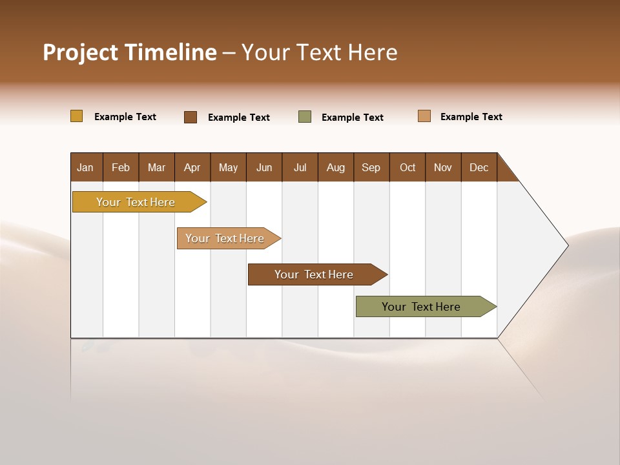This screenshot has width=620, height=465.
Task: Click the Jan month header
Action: (x=86, y=167)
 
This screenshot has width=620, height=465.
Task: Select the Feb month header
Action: (x=121, y=167)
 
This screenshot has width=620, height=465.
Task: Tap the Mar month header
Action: (x=156, y=167)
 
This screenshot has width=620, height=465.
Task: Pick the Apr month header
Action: (x=192, y=167)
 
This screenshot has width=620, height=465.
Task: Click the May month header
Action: (x=228, y=167)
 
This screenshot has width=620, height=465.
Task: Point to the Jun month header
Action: (x=264, y=167)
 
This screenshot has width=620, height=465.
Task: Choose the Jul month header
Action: (x=300, y=167)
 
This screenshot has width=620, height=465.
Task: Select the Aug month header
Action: (x=336, y=167)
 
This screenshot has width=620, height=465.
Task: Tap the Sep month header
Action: (x=371, y=167)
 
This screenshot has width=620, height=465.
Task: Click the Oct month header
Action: (x=408, y=167)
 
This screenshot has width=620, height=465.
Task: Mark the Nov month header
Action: (x=443, y=167)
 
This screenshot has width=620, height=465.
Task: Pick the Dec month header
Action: (x=479, y=167)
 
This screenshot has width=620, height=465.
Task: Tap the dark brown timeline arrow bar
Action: (x=315, y=274)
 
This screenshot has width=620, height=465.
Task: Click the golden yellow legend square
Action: (x=77, y=116)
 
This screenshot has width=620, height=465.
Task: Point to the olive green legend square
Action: (x=305, y=117)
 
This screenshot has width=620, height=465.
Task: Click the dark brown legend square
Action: (x=191, y=117)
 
